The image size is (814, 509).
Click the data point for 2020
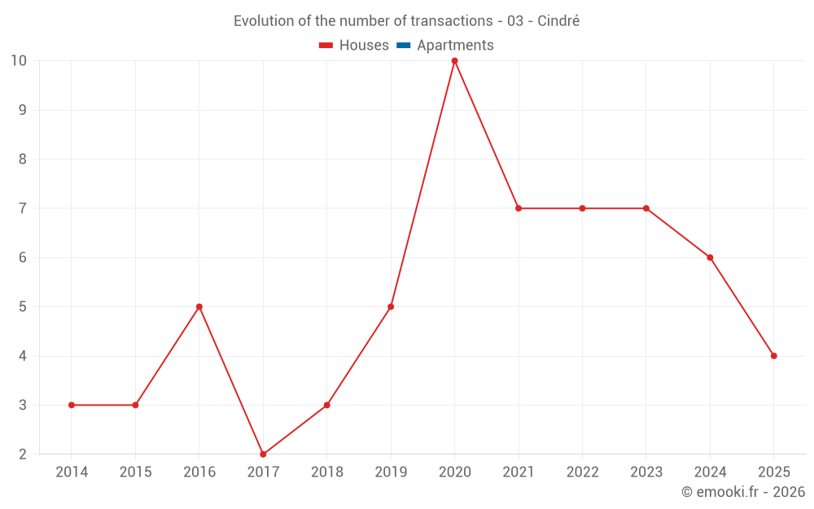(x=454, y=60)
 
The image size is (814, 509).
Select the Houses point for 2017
(x=263, y=454)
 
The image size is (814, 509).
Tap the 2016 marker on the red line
(x=199, y=307)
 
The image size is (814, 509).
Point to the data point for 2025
(x=773, y=356)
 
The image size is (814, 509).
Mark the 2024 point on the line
(x=710, y=257)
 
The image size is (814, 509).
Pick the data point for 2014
(x=72, y=405)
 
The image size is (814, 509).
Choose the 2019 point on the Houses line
(x=391, y=307)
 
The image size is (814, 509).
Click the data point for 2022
(x=582, y=208)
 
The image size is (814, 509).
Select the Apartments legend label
(x=455, y=46)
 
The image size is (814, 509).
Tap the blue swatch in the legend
(x=403, y=46)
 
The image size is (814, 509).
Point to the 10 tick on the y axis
(x=19, y=60)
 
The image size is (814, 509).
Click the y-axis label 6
(x=23, y=257)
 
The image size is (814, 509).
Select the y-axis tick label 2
(x=23, y=454)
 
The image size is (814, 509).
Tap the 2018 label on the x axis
(x=327, y=472)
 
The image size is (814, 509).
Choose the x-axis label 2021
(x=519, y=472)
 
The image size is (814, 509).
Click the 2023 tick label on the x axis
(x=646, y=472)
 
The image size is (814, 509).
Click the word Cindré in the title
(x=558, y=21)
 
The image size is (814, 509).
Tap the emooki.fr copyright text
(x=743, y=492)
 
